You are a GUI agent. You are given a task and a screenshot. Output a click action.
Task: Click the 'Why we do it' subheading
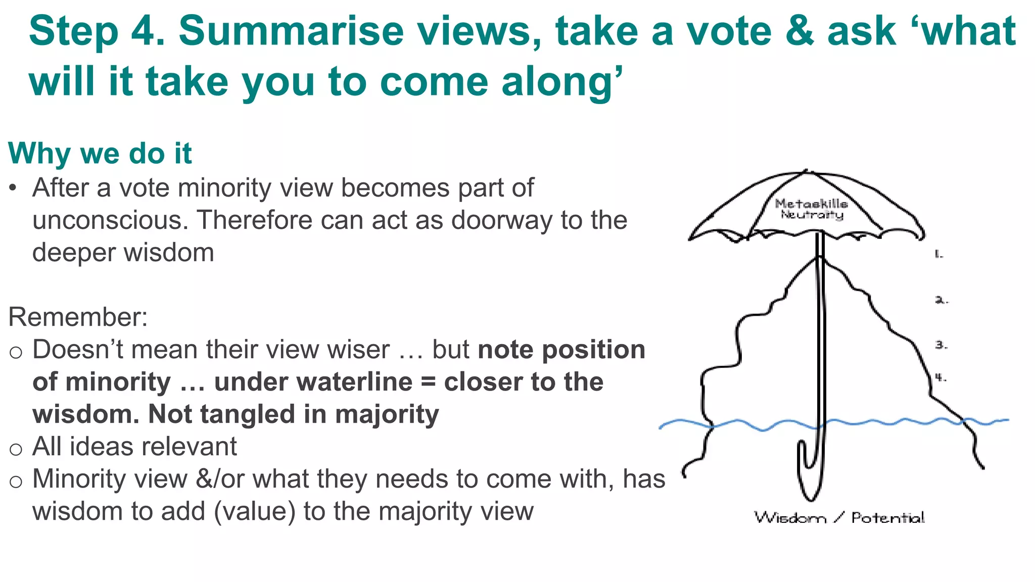[x=100, y=153]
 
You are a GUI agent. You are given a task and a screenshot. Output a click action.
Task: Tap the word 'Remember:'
[x=78, y=317]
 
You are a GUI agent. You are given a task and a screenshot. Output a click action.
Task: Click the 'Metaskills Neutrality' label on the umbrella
[x=812, y=209]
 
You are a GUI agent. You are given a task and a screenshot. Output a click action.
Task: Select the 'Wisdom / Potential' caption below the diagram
[x=839, y=518]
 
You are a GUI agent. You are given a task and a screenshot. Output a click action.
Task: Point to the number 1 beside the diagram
[x=938, y=254]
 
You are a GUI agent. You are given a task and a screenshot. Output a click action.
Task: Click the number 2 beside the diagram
[x=941, y=300]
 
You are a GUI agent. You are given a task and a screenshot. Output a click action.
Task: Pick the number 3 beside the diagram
[x=940, y=345]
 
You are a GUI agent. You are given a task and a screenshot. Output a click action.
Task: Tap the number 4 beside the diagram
[x=940, y=377]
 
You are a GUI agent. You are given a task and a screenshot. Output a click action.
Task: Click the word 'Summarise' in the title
[x=291, y=31]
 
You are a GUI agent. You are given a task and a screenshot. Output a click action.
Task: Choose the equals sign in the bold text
[x=428, y=383]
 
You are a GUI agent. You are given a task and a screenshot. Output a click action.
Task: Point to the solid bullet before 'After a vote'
[x=13, y=188]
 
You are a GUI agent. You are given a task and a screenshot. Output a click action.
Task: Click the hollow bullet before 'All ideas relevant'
[x=16, y=449]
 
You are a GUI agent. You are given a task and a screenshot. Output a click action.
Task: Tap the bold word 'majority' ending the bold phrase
[x=387, y=415]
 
